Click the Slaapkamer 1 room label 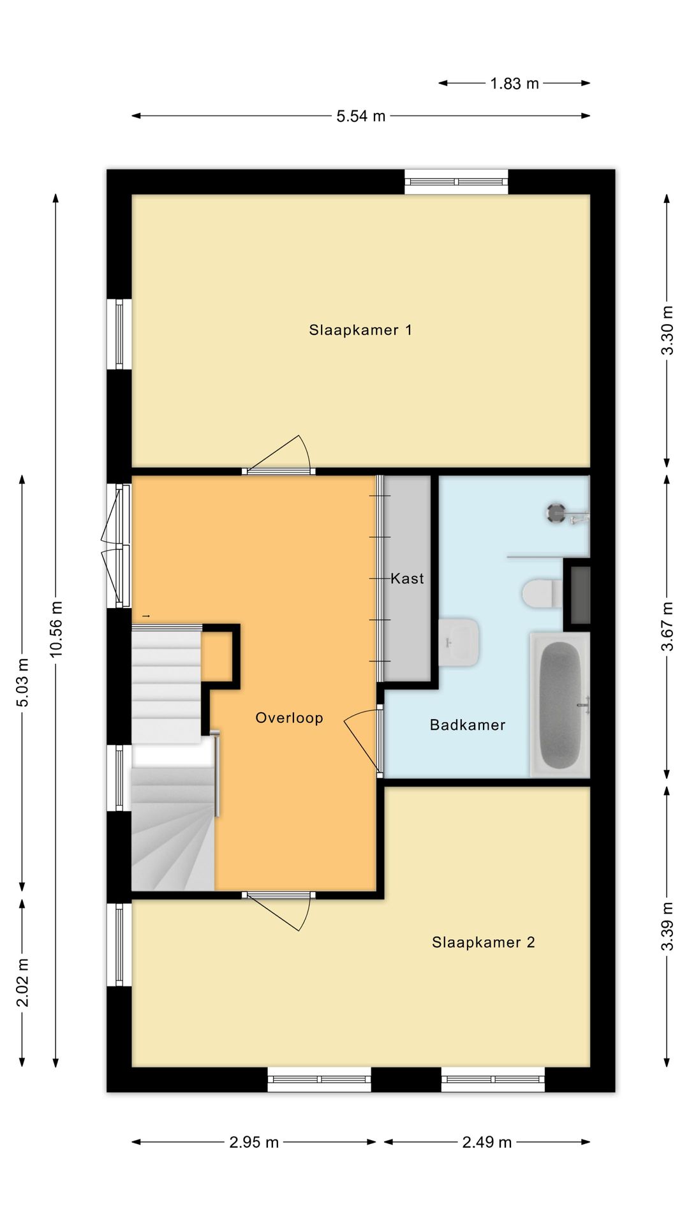(360, 330)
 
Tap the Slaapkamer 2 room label (483, 942)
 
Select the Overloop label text (289, 718)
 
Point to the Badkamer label (468, 725)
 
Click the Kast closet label (407, 579)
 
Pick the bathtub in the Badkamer (559, 704)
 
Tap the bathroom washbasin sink (459, 642)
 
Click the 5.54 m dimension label (361, 116)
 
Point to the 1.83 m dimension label (514, 83)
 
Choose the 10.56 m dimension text (56, 628)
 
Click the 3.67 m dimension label (667, 627)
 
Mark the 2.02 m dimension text (22, 983)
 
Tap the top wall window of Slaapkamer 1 (457, 182)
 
